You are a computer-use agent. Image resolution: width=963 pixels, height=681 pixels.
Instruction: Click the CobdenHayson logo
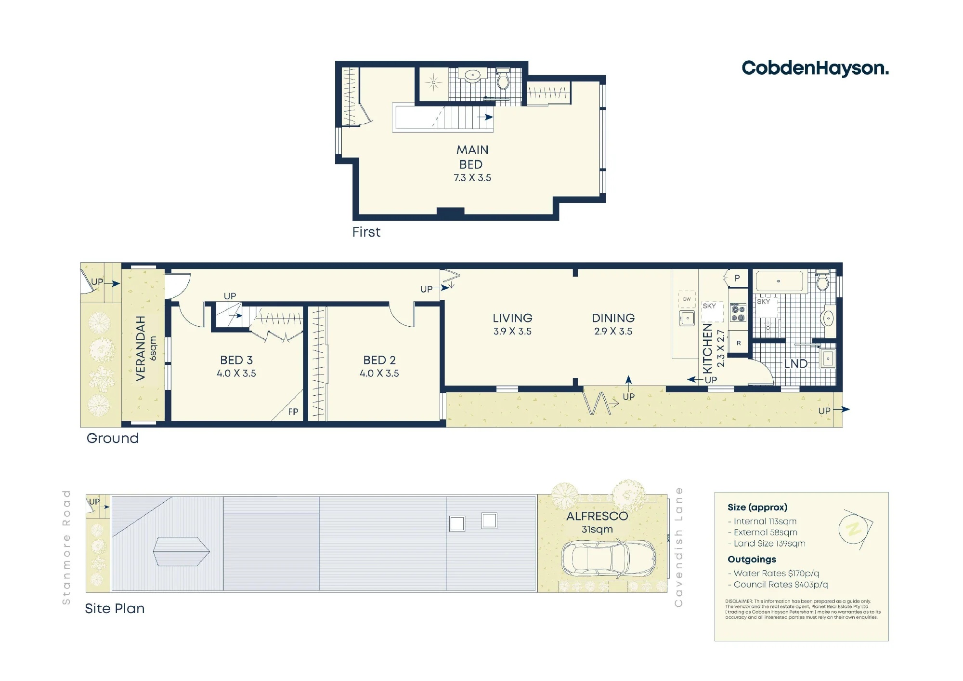[x=815, y=68]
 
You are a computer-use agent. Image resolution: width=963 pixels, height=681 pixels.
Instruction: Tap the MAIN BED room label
[x=472, y=163]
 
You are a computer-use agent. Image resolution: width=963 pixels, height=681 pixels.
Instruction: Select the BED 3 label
[x=236, y=366]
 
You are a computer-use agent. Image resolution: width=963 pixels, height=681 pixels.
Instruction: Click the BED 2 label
[x=379, y=366]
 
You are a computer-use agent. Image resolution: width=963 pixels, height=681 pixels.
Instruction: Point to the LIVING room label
[x=512, y=324]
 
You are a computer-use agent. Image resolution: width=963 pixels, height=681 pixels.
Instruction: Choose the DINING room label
[x=613, y=324]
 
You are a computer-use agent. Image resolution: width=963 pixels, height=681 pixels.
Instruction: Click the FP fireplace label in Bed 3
[x=293, y=412]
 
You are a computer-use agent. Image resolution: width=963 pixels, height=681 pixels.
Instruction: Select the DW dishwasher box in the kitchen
[x=687, y=299]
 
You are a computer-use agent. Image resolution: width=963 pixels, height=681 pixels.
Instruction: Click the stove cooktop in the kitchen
[x=738, y=312]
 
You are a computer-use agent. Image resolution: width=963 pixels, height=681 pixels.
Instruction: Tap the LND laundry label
[x=796, y=364]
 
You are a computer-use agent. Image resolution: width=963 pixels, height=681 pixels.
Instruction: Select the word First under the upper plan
[x=366, y=232]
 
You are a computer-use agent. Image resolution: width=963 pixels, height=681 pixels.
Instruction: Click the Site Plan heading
[x=115, y=609]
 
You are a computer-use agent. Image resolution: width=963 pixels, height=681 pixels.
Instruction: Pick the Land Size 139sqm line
[x=767, y=544]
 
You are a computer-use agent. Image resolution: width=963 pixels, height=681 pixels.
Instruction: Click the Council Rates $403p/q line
[x=778, y=585]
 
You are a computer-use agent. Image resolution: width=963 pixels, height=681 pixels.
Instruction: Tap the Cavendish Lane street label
[x=678, y=547]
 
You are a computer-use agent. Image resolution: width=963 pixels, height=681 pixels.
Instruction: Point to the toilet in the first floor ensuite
[x=503, y=80]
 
